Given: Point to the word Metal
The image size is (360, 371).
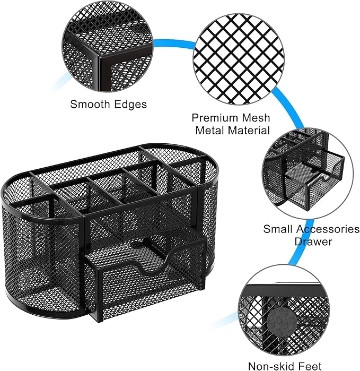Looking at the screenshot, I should [210, 130].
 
